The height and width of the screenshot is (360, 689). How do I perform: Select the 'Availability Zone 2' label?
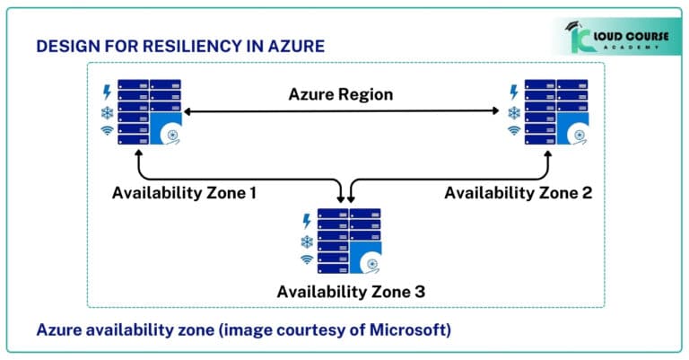tap(518, 192)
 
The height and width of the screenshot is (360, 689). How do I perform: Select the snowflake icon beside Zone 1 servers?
tap(108, 112)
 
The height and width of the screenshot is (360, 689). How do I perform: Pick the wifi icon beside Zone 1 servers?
tap(108, 132)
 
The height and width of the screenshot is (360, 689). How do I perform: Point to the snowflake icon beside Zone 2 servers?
tap(514, 112)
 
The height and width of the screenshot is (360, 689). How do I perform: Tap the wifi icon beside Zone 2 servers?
tap(514, 132)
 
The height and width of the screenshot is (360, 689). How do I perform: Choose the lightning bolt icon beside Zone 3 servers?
tap(307, 220)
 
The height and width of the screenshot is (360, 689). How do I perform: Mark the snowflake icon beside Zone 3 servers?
tap(307, 241)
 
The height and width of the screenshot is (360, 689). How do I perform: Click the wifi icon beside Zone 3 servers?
tap(307, 260)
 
